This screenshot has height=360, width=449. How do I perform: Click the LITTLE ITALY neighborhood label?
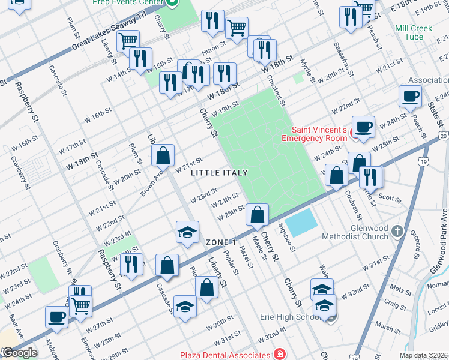pos(219,173)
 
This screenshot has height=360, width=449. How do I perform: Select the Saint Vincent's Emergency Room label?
pos(319,134)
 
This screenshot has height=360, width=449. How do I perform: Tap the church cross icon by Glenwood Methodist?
pos(396,230)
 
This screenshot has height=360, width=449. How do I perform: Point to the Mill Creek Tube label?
pos(417,32)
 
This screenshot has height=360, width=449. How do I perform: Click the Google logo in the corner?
pos(19,353)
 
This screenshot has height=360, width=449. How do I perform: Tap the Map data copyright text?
pos(423,355)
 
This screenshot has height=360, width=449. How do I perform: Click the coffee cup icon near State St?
pos(411,96)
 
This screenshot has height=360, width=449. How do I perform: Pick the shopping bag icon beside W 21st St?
pos(163,155)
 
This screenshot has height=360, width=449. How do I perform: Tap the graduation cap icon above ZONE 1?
pos(187,232)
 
